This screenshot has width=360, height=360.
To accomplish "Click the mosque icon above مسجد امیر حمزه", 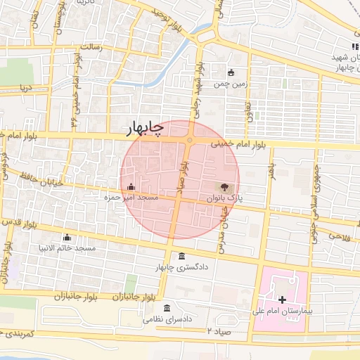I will pyautogui.click(x=132, y=186).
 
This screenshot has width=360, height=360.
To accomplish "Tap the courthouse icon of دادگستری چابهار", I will pyautogui.click(x=182, y=256).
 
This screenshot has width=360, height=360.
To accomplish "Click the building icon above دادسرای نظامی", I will pyautogui.click(x=167, y=307).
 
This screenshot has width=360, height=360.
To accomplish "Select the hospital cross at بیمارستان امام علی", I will pyautogui.click(x=283, y=300).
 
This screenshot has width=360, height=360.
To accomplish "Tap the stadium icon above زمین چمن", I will pyautogui.click(x=231, y=72).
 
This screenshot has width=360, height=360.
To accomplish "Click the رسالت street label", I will pyautogui.click(x=91, y=46).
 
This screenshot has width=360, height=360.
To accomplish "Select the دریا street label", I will pyautogui.click(x=26, y=89).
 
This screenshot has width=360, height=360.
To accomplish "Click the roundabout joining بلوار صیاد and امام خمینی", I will pyautogui.click(x=190, y=140).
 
